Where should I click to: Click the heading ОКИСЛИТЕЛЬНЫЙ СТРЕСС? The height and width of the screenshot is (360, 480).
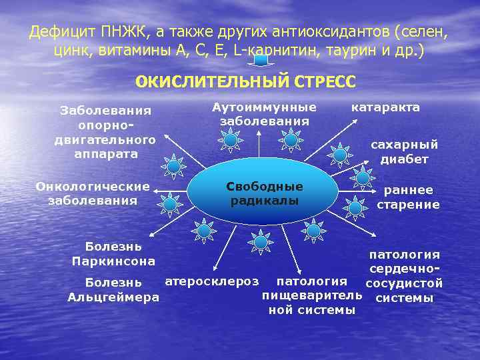(x=245, y=82)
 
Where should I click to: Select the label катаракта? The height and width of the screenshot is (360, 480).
(x=385, y=107)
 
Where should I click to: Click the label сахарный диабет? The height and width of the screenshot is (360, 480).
(x=404, y=151)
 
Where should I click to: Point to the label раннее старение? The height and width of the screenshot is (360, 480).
(x=408, y=197)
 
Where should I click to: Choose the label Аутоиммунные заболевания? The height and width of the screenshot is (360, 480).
(x=264, y=114)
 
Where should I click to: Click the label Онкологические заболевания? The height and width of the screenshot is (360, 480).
(x=93, y=193)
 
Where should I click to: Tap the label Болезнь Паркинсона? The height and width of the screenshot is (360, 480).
(x=113, y=254)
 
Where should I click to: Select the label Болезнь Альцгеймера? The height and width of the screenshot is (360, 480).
(x=113, y=290)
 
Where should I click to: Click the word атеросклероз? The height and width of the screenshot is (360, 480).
(x=211, y=281)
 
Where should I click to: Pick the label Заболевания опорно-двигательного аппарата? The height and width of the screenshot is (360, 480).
(x=105, y=131)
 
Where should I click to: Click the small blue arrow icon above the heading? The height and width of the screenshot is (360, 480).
(x=261, y=61)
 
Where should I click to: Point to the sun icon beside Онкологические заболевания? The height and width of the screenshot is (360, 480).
(x=171, y=203)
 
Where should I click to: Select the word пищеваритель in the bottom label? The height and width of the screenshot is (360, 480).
(x=311, y=295)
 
